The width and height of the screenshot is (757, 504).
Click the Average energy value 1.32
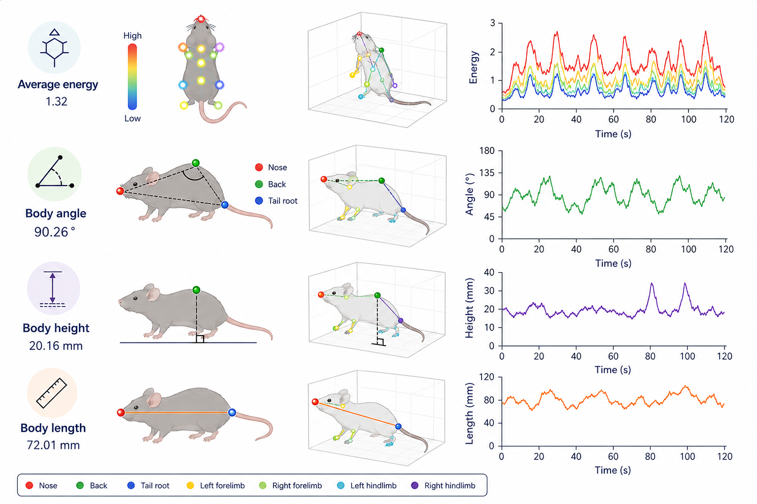(57, 101)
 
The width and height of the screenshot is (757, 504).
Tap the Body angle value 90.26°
(55, 232)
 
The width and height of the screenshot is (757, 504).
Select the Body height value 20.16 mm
(56, 346)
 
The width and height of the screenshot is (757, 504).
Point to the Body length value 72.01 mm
(53, 445)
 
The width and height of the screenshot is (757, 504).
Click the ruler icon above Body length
(52, 393)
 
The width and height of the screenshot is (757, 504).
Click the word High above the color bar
(133, 36)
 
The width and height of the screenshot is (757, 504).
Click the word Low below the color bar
(133, 119)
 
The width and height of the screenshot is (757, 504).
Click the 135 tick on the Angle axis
(486, 173)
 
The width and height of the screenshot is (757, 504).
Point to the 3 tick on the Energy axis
(492, 23)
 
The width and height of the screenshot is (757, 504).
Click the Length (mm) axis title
(469, 413)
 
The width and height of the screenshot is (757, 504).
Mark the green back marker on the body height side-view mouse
(196, 290)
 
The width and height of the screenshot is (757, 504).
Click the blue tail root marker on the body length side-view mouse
(232, 412)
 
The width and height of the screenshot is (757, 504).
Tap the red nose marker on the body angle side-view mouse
(120, 191)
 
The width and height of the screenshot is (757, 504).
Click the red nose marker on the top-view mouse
(201, 19)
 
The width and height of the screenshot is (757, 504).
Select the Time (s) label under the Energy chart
(613, 134)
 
